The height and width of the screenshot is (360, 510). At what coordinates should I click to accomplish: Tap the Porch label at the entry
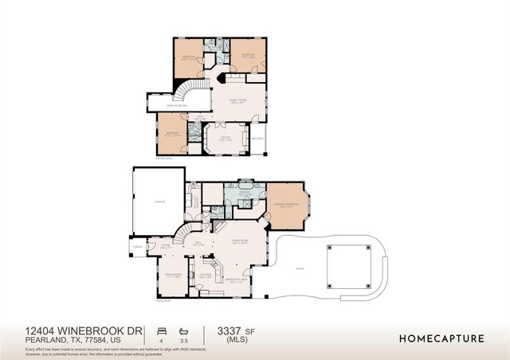tap(138, 247)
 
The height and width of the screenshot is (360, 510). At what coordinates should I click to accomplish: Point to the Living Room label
tap(240, 241)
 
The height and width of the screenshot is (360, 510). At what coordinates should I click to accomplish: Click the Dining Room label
tap(174, 276)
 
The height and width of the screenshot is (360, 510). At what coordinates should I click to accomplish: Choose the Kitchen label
tap(205, 276)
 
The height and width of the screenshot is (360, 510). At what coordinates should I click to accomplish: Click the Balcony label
tap(257, 139)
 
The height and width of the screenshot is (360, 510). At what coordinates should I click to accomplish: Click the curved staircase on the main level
tap(185, 233)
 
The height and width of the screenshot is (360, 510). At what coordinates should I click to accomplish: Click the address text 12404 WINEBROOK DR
tap(83, 329)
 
